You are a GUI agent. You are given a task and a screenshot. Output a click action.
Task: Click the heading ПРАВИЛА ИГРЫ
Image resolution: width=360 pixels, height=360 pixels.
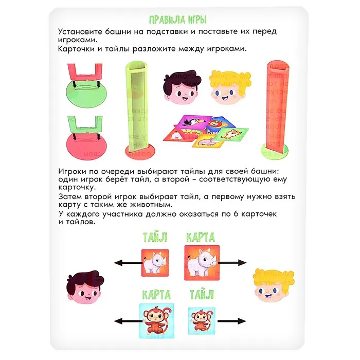coord(178,20)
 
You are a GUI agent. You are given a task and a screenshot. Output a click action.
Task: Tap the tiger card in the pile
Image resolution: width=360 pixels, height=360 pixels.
coord(232,135)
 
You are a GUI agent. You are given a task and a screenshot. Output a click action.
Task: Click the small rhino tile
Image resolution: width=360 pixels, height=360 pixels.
coord(155,263)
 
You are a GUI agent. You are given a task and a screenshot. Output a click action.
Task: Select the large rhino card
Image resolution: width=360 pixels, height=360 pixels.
coord(202,263)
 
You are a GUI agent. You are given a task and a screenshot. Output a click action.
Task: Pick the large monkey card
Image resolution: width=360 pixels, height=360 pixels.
coord(156,321)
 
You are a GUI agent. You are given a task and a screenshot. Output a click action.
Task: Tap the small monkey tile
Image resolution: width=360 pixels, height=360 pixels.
coord(202,321)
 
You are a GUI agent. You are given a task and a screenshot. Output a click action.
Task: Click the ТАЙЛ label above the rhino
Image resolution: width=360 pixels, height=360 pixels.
coord(155,237)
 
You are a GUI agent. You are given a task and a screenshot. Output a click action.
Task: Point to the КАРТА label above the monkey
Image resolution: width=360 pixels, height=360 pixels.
coord(156,295)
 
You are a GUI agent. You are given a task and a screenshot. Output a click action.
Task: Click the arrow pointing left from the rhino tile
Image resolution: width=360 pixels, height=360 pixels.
coord(128,263)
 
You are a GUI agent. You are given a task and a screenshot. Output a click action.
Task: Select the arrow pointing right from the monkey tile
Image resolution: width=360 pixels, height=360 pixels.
coord(231,321)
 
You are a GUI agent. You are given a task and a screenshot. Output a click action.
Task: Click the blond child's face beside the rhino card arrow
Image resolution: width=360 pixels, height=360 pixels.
coord(273,285)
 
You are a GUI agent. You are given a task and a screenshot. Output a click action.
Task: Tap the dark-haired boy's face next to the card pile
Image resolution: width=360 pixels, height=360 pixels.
coord(182,87)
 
